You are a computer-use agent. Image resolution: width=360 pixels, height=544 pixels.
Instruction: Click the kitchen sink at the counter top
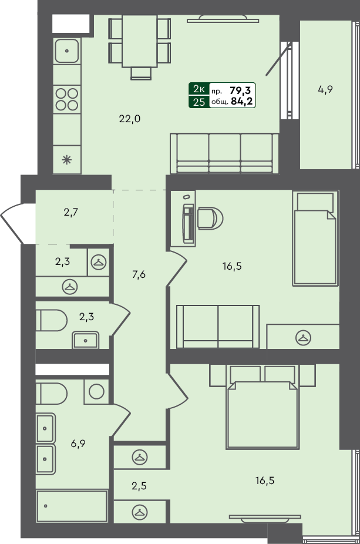click(67, 51)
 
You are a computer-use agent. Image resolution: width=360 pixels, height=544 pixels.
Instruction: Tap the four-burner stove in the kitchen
click(67, 98)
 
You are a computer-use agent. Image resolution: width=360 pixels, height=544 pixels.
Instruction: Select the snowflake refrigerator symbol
click(67, 159)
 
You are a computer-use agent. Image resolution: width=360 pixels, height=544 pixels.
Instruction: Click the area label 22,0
click(130, 119)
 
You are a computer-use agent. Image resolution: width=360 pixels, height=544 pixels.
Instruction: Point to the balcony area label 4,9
click(325, 90)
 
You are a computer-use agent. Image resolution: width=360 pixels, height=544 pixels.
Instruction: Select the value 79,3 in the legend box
click(241, 90)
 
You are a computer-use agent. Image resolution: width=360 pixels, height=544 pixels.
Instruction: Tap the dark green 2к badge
click(198, 89)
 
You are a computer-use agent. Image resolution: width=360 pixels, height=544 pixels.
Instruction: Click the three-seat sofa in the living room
click(224, 153)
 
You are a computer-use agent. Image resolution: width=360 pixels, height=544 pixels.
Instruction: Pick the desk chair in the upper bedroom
click(210, 218)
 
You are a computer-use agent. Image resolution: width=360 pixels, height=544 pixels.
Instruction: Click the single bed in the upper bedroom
click(315, 239)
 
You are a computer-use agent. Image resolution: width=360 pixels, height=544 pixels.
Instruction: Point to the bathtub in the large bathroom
click(72, 506)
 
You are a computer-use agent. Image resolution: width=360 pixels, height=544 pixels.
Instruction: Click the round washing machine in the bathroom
click(96, 391)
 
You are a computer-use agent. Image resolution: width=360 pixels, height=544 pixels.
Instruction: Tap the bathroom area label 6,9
click(79, 444)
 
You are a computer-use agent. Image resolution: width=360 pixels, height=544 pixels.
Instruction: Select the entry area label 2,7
click(71, 212)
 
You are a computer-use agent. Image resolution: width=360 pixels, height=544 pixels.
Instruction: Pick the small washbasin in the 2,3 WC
click(86, 340)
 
